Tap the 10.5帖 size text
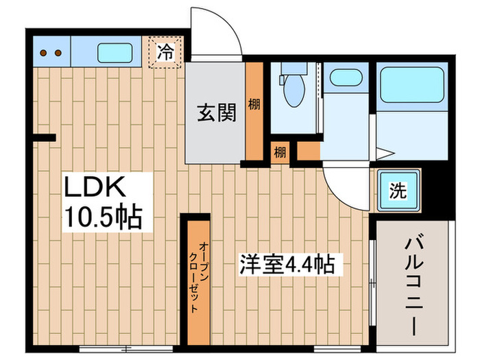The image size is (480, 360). pos(104,217)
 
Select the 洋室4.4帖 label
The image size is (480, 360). pos(287,263)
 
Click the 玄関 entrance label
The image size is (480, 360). pos(217,112)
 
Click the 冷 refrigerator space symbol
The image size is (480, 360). pos(165,51)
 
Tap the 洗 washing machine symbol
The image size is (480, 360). pos(398,189)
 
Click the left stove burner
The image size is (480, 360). pos(43,52)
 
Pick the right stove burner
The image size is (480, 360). pos(58,52)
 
